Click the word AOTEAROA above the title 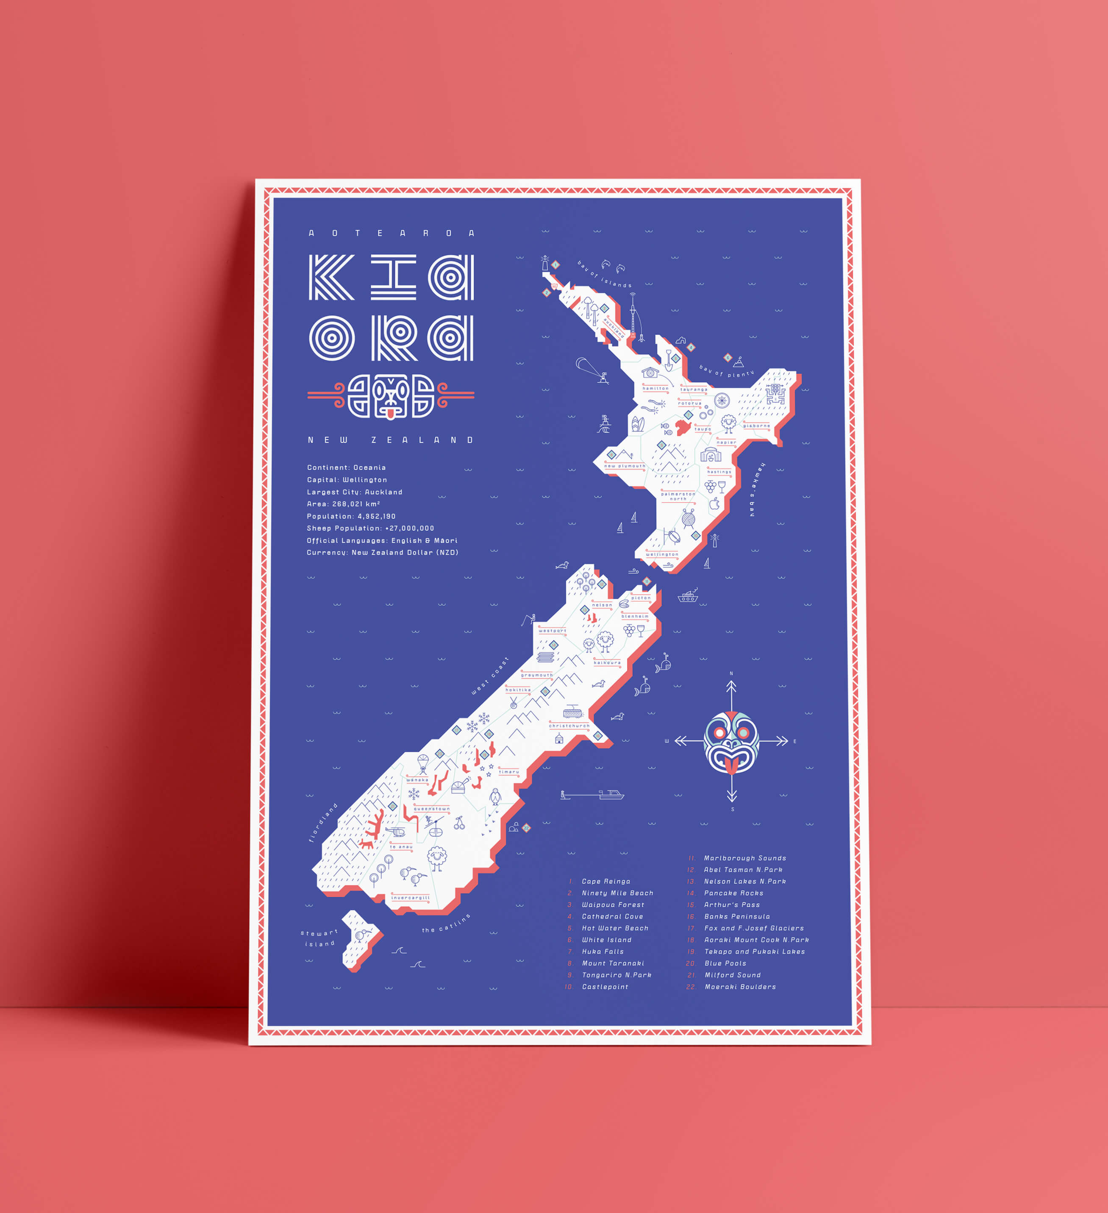pyautogui.click(x=391, y=233)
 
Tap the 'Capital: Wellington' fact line pyautogui.click(x=347, y=479)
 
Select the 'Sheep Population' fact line pyautogui.click(x=370, y=528)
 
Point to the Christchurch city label pyautogui.click(x=569, y=726)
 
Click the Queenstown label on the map pyautogui.click(x=431, y=809)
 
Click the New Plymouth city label pyautogui.click(x=625, y=466)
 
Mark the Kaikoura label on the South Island pyautogui.click(x=607, y=662)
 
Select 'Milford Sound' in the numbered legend pyautogui.click(x=732, y=975)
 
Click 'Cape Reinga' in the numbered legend pyautogui.click(x=606, y=881)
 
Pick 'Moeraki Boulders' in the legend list pyautogui.click(x=740, y=987)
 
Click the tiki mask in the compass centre pyautogui.click(x=731, y=742)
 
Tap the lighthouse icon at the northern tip pyautogui.click(x=545, y=263)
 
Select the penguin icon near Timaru pyautogui.click(x=495, y=797)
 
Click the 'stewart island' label pyautogui.click(x=319, y=938)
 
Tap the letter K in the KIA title pyautogui.click(x=331, y=277)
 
